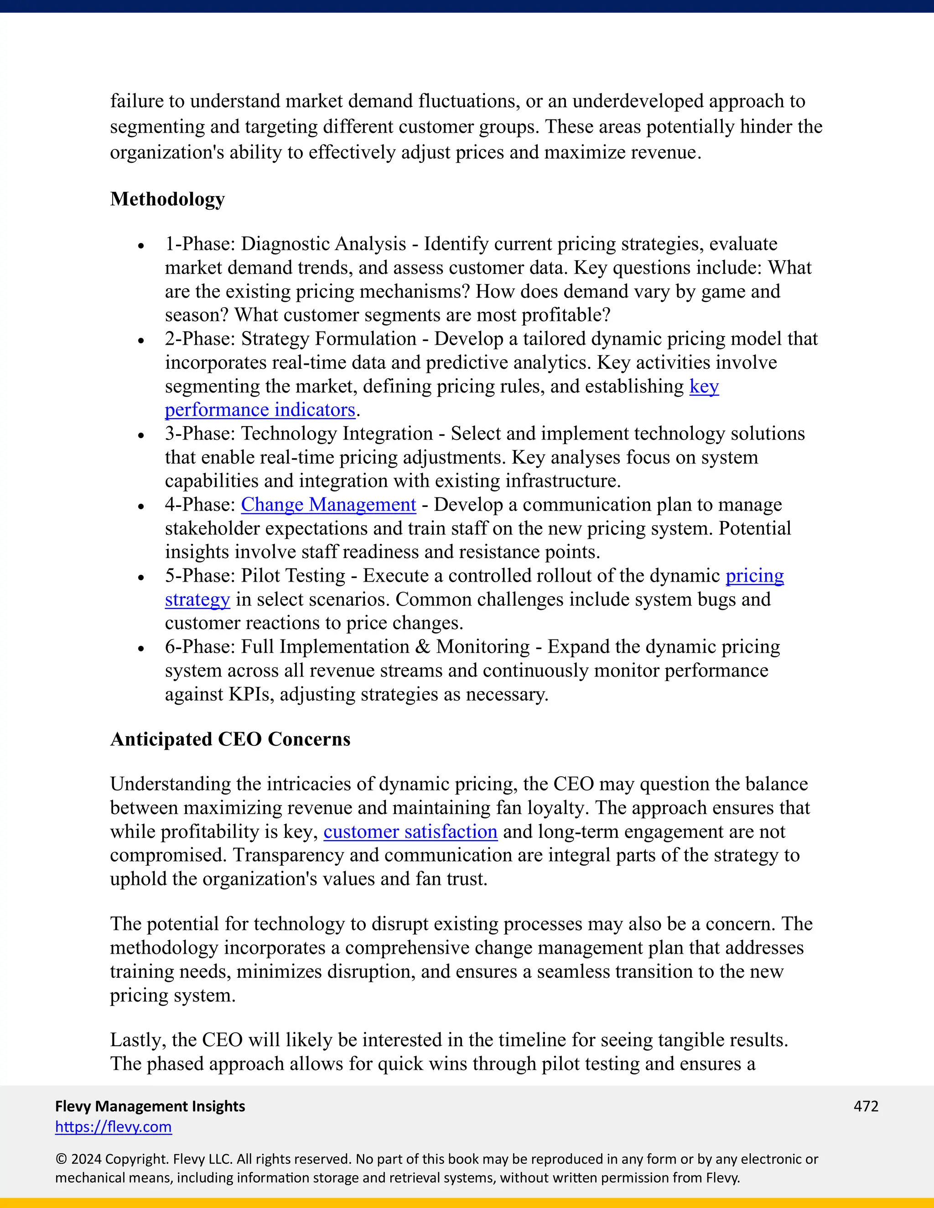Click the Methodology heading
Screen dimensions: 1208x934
(167, 200)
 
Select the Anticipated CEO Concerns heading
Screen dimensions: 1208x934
(230, 739)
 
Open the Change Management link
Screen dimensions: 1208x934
(328, 505)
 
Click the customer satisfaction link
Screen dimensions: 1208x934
(410, 832)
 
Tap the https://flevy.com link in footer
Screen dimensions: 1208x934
(114, 1127)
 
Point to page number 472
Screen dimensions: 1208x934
(866, 1106)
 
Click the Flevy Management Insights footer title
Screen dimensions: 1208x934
(150, 1106)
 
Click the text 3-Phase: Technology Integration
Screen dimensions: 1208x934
(299, 434)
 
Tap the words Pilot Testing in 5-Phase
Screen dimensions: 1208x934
(293, 576)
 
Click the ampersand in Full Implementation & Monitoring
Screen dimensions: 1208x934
(423, 646)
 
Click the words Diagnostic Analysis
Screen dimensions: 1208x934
(323, 244)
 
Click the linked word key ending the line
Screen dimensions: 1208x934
(704, 387)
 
